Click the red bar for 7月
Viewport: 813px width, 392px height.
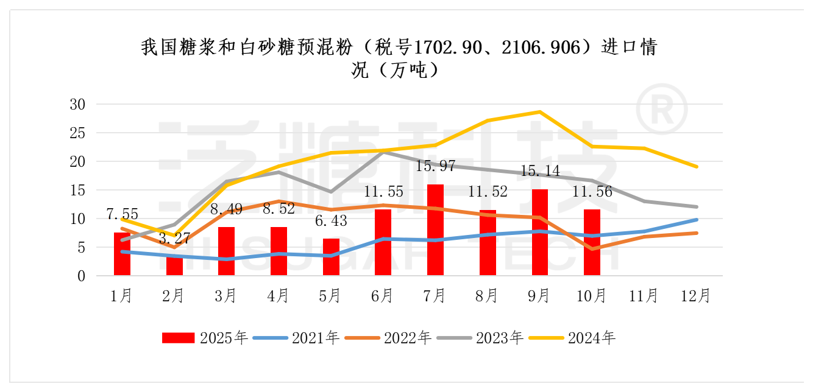[x=435, y=230]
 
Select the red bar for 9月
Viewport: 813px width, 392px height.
[x=539, y=233]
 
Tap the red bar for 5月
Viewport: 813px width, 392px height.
[x=331, y=257]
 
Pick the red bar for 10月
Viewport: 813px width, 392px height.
[x=592, y=243]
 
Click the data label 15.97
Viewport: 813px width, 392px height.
[x=436, y=166]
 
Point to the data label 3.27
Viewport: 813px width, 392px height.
[x=175, y=238]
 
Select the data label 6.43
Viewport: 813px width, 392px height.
[x=331, y=220]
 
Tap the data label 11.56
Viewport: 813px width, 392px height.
[x=592, y=192]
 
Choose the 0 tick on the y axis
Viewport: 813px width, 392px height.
[x=80, y=276]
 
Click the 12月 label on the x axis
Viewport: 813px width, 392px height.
[x=695, y=296]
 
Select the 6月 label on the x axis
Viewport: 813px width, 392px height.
[x=383, y=296]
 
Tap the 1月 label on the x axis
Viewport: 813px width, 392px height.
[x=122, y=296]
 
